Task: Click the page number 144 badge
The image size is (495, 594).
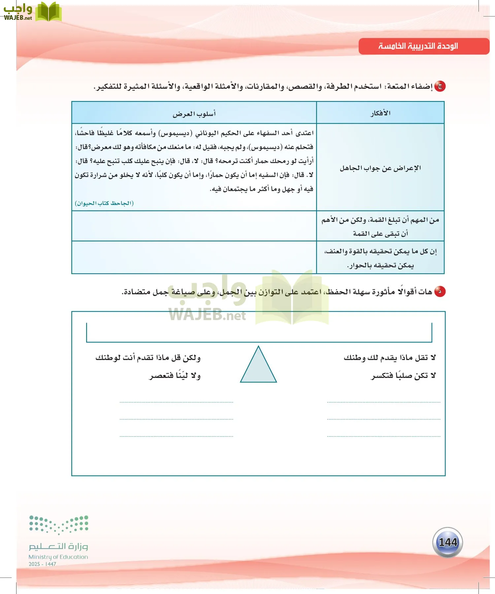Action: coord(447,542)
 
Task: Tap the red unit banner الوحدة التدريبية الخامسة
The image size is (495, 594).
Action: coord(424,46)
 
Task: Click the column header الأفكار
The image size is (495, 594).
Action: coord(380,113)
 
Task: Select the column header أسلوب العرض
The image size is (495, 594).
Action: coord(194,114)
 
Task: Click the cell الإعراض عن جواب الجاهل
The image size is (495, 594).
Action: coord(380,168)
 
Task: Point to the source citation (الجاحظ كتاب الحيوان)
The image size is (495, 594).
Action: coord(104,203)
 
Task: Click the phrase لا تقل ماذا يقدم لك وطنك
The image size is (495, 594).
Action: coord(390,358)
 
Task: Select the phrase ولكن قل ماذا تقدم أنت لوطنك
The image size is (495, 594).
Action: coord(148,358)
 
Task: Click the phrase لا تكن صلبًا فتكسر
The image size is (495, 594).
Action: coord(403,376)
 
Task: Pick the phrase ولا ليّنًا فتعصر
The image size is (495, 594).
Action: coord(175,376)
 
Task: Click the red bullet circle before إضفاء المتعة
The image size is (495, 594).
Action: coord(440,86)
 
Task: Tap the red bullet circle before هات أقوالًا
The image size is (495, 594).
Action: coord(440,292)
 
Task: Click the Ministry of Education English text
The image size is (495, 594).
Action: coord(58,557)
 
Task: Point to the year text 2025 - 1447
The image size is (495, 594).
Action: coord(42,564)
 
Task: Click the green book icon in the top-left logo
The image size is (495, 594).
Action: coord(48,12)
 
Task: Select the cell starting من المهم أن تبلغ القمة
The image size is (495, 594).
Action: coord(380,226)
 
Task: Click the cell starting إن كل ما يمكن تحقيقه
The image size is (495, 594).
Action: coord(380,258)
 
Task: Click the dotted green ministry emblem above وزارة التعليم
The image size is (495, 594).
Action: coord(59,524)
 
